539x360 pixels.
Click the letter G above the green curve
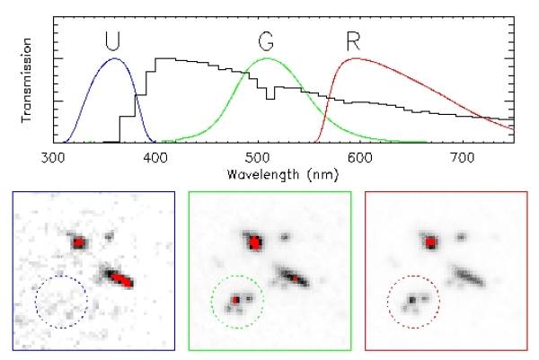(267, 41)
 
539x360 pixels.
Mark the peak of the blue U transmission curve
(115, 59)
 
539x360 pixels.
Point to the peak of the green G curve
(267, 58)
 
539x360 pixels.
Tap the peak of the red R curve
(356, 58)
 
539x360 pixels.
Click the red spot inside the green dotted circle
(236, 299)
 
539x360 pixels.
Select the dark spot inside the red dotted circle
(412, 298)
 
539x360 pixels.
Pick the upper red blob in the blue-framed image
(79, 242)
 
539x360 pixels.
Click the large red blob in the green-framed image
(256, 242)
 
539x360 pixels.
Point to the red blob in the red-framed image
(431, 242)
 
